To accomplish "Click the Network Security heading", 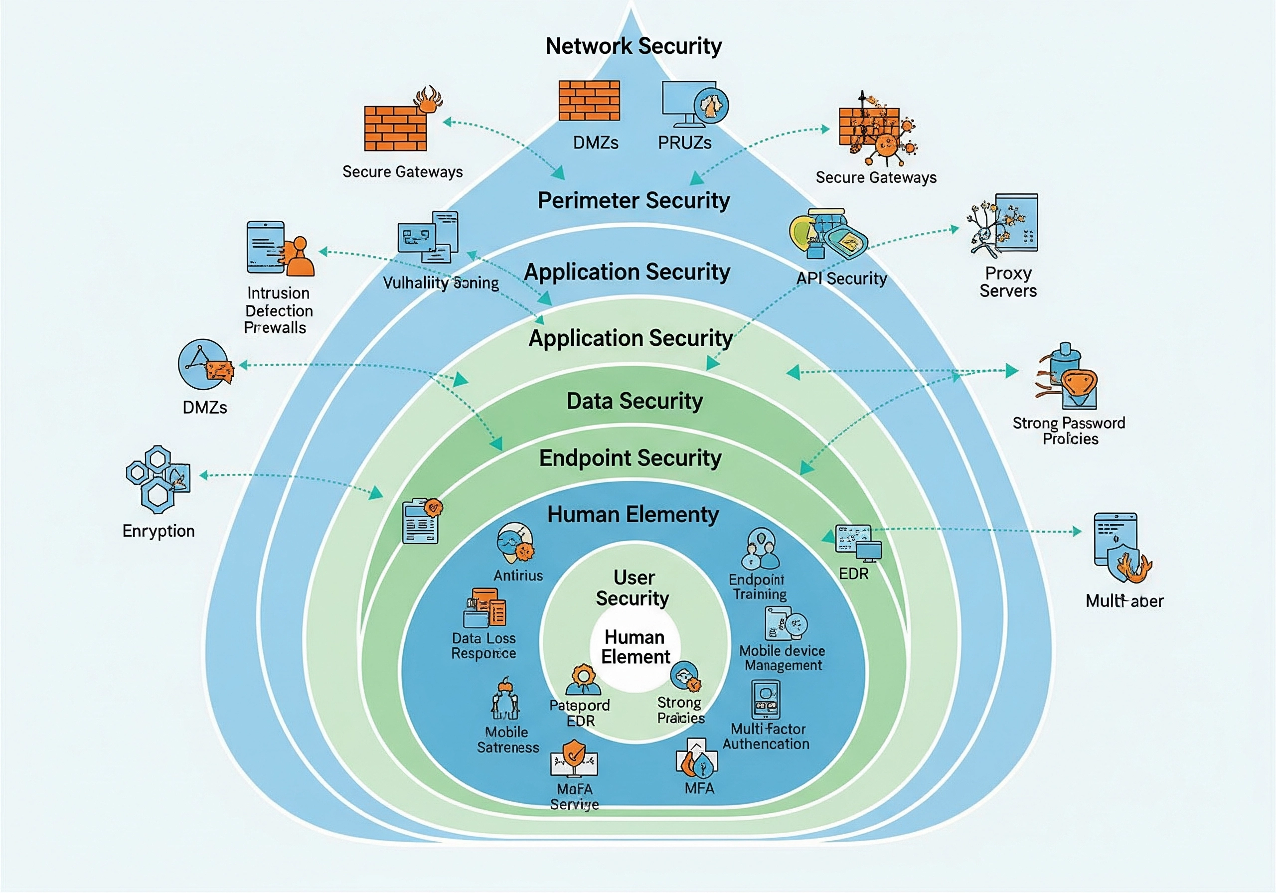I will (634, 46).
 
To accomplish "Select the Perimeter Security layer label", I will (634, 201).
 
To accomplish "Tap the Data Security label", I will (635, 401).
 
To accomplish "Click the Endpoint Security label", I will (630, 458).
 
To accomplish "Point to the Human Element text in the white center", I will (635, 647).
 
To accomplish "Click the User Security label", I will (634, 588).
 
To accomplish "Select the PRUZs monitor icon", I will (694, 105).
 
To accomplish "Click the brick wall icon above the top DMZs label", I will (589, 101).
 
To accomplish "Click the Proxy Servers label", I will (1007, 282).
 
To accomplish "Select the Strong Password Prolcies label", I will (1069, 431).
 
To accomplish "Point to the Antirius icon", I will (516, 544).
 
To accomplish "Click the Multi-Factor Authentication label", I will (767, 737).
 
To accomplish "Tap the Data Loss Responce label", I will (483, 646).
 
